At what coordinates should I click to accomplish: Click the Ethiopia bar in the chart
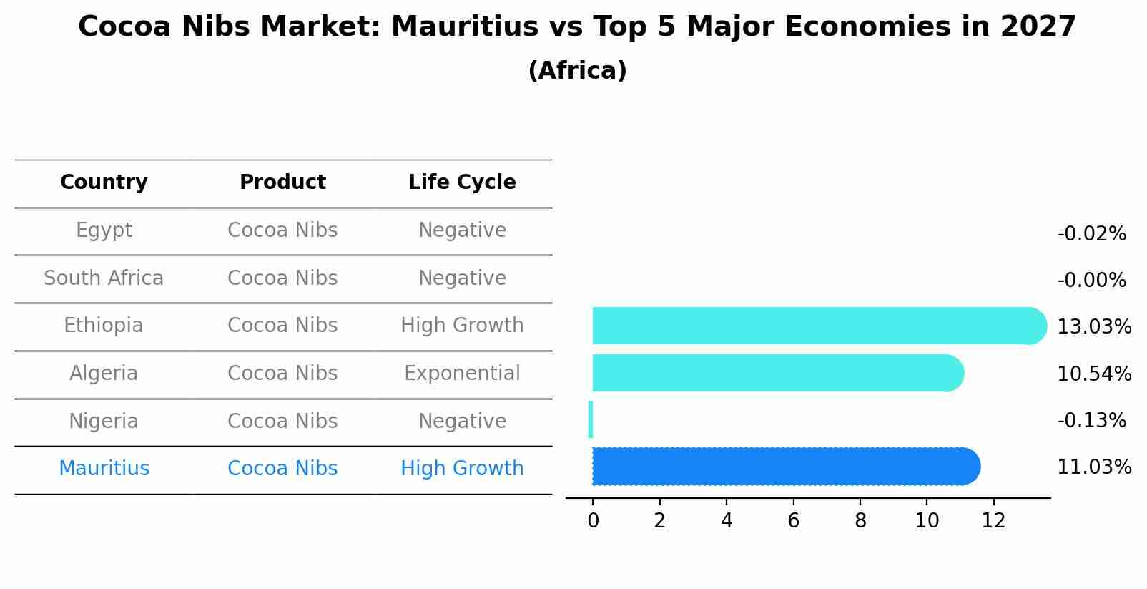tap(815, 326)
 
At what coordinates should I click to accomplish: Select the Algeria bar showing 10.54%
tap(776, 373)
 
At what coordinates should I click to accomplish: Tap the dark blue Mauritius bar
tap(783, 467)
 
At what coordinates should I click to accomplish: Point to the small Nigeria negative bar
tap(591, 419)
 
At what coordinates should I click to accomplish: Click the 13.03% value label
tap(1094, 327)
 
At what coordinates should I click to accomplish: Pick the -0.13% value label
tap(1091, 421)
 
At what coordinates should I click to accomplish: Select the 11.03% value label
tap(1094, 467)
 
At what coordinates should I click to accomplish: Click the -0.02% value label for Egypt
tap(1091, 234)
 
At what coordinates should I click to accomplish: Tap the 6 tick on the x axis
tap(793, 521)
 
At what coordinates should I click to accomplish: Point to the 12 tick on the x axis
tap(993, 521)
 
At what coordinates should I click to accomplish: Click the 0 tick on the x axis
tap(593, 521)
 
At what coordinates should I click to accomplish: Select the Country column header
tap(104, 182)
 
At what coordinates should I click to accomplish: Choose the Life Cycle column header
tap(462, 182)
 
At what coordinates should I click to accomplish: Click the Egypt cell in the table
tap(104, 230)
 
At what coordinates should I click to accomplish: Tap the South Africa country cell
tap(104, 278)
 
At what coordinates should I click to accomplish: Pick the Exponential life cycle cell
tap(462, 374)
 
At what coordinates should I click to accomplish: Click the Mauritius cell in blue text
tap(104, 469)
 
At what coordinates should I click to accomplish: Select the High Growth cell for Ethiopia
tap(462, 326)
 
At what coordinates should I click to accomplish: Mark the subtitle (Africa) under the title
tap(577, 71)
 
